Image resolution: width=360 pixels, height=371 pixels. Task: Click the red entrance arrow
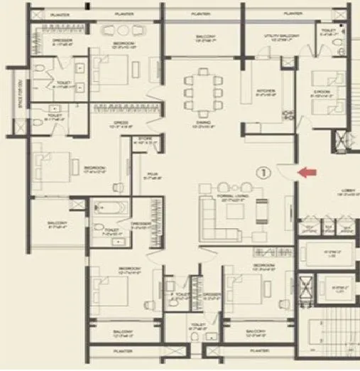point(307,171)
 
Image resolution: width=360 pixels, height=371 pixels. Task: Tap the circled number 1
point(264,171)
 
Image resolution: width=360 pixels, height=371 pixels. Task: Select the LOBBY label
point(346,200)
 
